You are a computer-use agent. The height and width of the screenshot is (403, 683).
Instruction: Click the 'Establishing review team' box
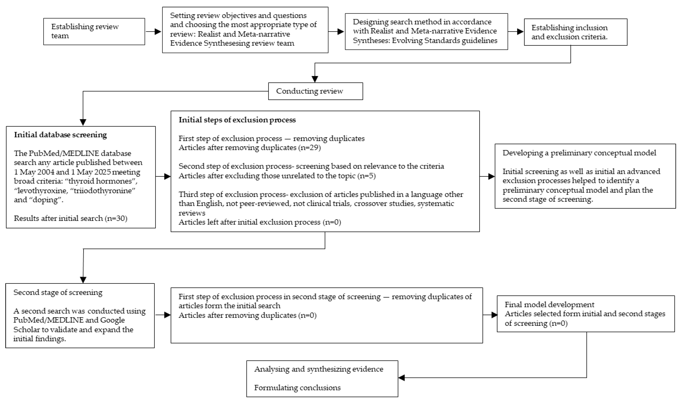pyautogui.click(x=94, y=31)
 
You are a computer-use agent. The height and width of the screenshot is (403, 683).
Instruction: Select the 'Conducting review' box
pyautogui.click(x=315, y=91)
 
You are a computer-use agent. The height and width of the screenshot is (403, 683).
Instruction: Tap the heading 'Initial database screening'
pyautogui.click(x=60, y=135)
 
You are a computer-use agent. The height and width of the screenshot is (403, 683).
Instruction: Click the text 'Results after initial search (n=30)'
pyautogui.click(x=70, y=218)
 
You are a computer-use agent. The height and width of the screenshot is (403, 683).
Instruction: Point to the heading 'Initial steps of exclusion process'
pyautogui.click(x=237, y=120)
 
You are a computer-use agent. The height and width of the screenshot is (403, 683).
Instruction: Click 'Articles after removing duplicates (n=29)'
pyautogui.click(x=249, y=148)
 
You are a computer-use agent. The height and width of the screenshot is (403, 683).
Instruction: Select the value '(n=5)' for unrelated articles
pyautogui.click(x=367, y=176)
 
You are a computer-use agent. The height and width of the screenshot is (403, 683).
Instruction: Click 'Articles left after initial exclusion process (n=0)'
pyautogui.click(x=259, y=222)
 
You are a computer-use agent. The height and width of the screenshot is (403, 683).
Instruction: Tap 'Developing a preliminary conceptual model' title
pyautogui.click(x=579, y=153)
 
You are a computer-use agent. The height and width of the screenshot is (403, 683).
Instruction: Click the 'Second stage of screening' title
pyautogui.click(x=58, y=293)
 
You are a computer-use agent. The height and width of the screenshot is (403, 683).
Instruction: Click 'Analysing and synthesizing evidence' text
pyautogui.click(x=318, y=369)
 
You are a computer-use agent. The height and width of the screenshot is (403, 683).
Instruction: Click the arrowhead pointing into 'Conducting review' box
pyautogui.click(x=315, y=79)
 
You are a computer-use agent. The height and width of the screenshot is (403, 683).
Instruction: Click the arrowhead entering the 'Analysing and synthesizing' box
pyautogui.click(x=401, y=378)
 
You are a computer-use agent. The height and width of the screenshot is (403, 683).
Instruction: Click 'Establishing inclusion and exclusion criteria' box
pyautogui.click(x=575, y=32)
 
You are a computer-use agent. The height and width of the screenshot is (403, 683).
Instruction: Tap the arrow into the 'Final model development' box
pyautogui.click(x=491, y=315)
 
